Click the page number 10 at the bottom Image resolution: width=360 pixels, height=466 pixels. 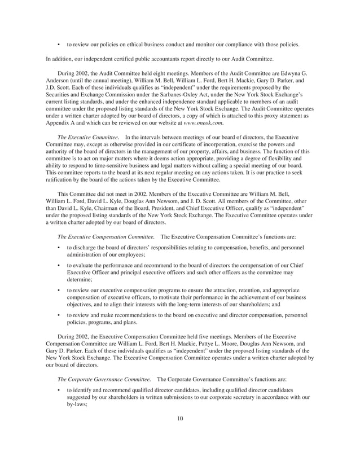[179, 434]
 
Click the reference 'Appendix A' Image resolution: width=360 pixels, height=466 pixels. [60, 122]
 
